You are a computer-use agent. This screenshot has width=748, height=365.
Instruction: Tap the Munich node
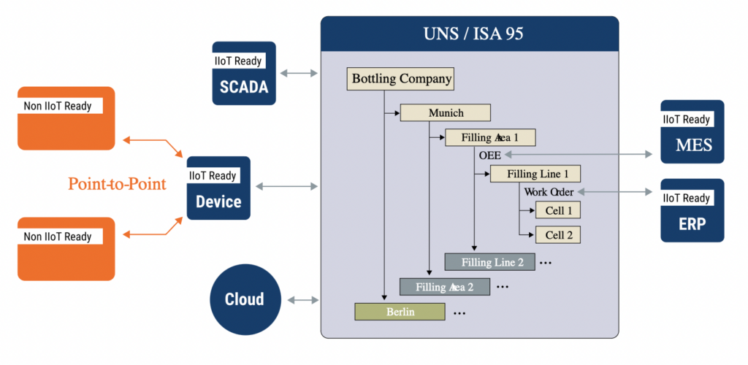[445, 113]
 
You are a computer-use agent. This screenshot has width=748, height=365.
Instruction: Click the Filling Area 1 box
[490, 137]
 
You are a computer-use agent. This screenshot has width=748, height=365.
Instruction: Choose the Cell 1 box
[557, 210]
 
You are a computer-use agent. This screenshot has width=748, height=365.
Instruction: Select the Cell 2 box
[557, 234]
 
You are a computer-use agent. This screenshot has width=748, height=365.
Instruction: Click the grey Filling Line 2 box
[489, 261]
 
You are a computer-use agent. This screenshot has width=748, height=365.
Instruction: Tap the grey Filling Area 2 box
[444, 287]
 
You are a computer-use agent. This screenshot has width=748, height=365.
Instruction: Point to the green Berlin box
[400, 312]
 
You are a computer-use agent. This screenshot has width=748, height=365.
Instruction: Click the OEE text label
[489, 155]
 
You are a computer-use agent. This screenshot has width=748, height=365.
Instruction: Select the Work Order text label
[549, 192]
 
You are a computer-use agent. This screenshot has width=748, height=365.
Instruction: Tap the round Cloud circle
[244, 299]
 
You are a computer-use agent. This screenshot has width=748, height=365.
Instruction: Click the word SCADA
[244, 88]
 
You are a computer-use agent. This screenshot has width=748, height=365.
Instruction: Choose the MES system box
[692, 131]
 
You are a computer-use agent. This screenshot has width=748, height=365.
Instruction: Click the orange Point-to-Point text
[117, 184]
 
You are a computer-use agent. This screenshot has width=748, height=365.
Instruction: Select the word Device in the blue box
[218, 201]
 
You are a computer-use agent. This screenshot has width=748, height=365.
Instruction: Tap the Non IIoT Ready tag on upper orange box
[58, 106]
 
